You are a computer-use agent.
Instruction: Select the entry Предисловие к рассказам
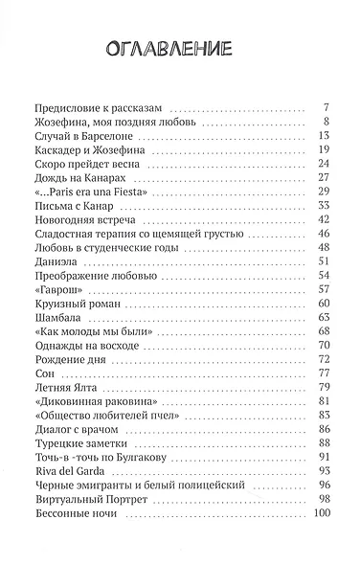(x=99, y=107)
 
